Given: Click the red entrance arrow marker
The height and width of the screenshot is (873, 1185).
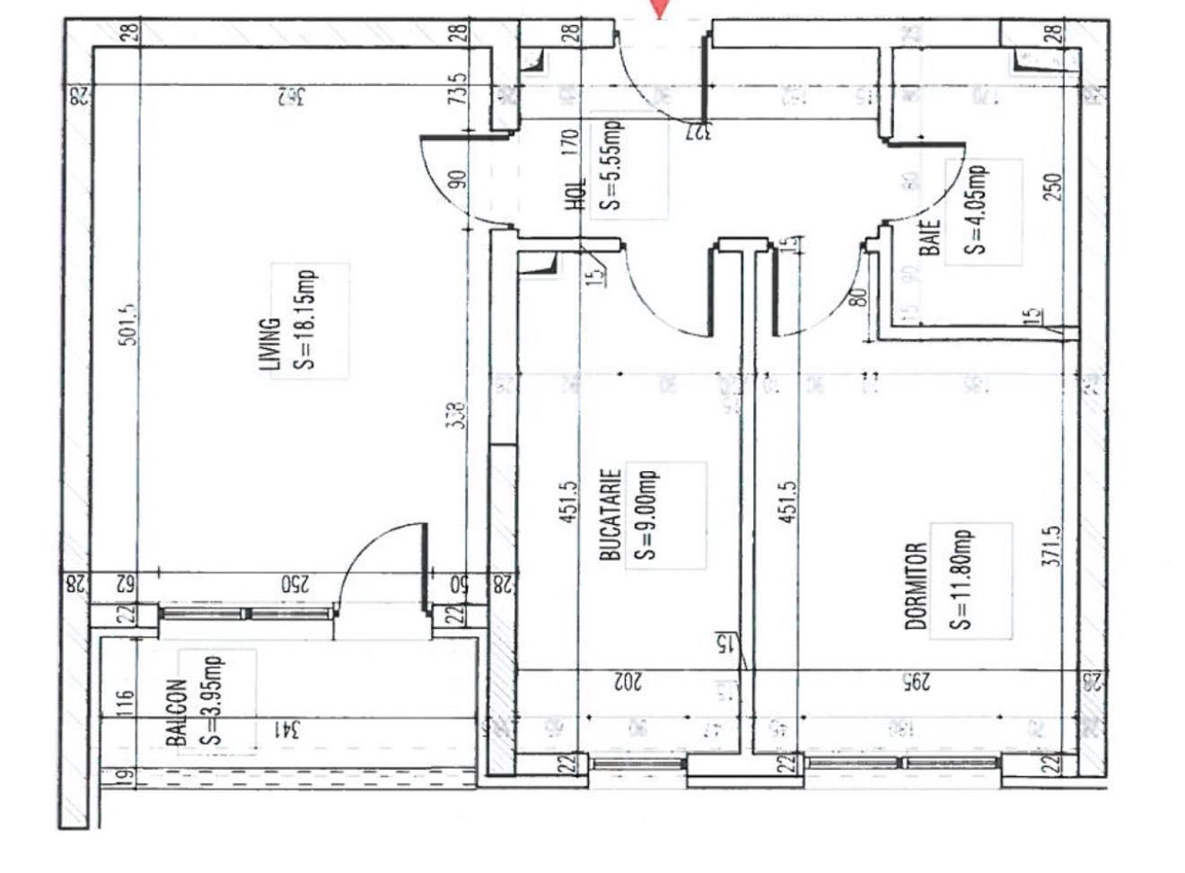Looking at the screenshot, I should [661, 8].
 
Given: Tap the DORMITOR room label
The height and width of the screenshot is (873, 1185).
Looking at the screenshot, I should [916, 585].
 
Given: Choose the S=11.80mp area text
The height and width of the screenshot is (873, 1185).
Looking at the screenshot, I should [961, 579].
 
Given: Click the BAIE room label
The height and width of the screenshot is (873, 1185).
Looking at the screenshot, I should [931, 239].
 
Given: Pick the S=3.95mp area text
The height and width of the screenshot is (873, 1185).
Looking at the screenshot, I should [214, 700].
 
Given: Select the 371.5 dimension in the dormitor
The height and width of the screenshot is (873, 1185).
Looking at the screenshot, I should [1056, 546].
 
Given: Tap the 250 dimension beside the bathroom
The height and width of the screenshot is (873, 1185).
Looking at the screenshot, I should [1055, 186].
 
